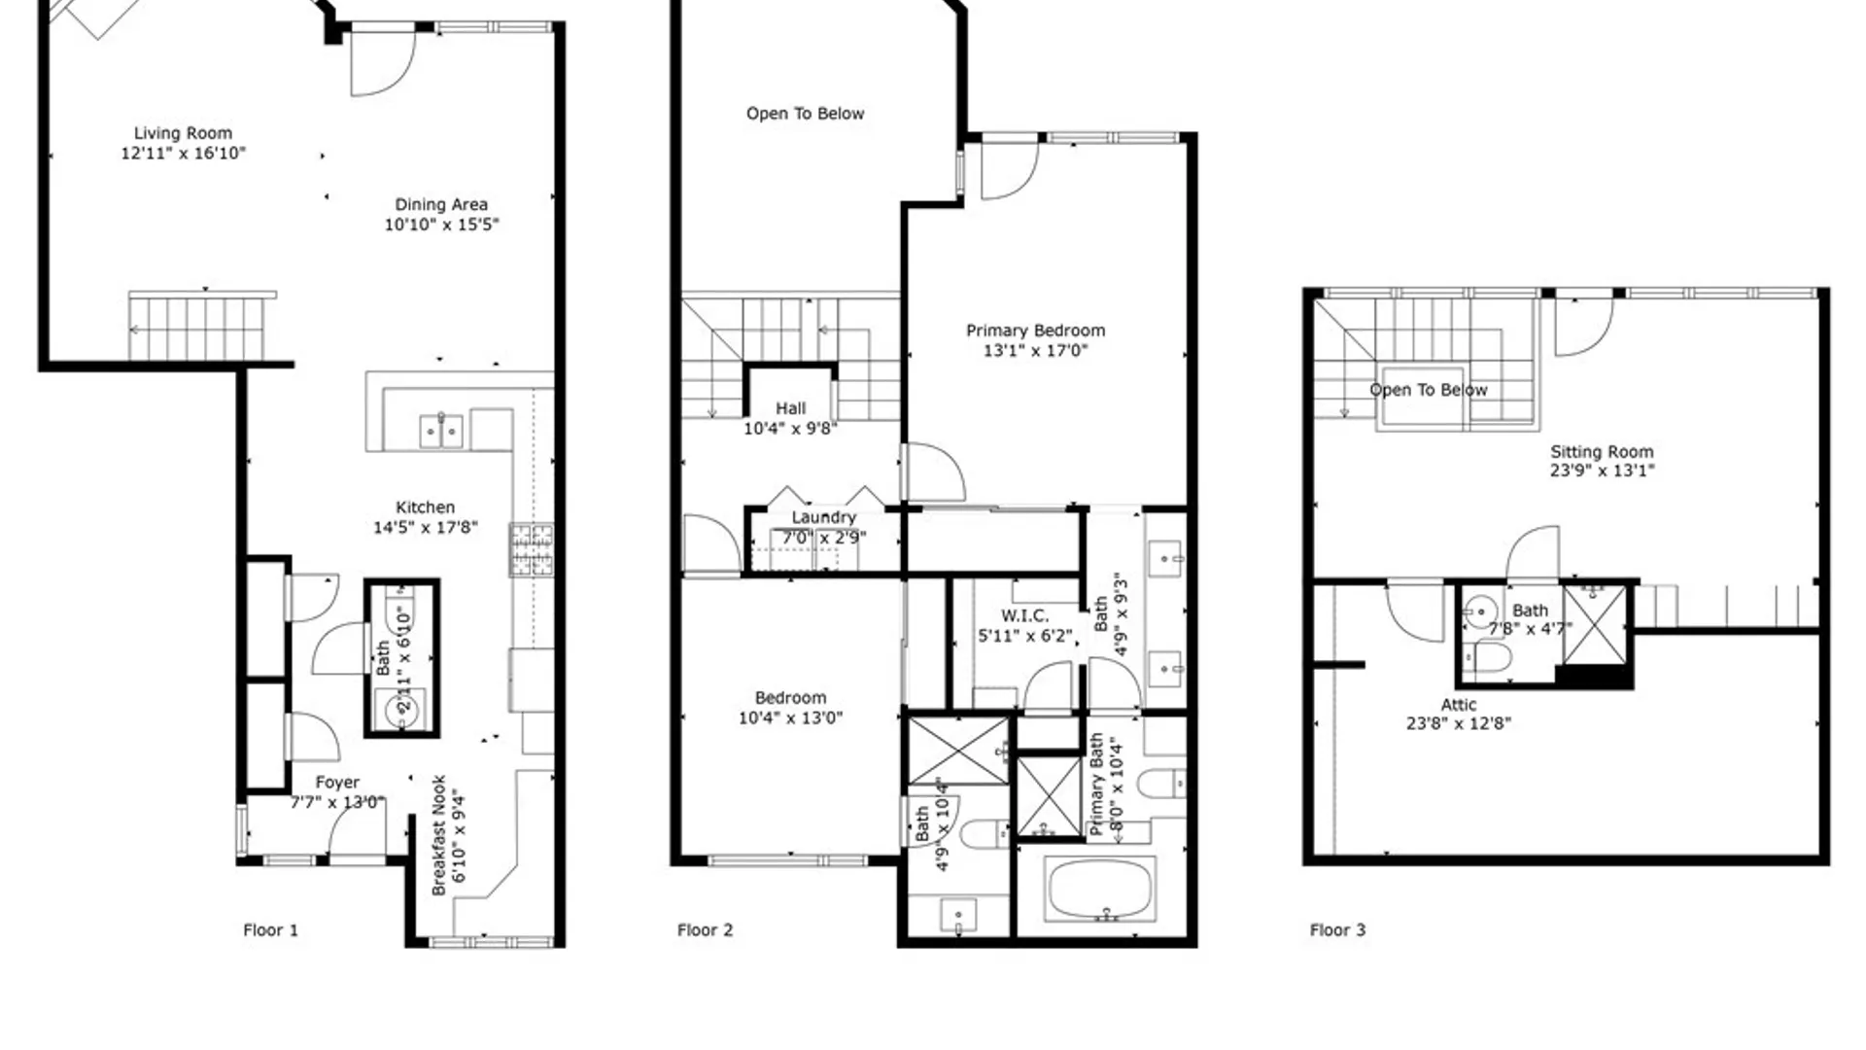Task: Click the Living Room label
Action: tap(183, 133)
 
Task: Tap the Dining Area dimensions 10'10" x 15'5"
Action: tap(441, 225)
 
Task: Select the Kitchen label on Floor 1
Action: tap(425, 507)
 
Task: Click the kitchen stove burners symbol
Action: tap(532, 549)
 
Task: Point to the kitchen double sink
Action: tap(440, 431)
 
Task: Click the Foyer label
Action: tap(337, 783)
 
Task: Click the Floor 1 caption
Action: tap(270, 930)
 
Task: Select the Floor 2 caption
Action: tap(705, 930)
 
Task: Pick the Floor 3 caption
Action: tap(1337, 930)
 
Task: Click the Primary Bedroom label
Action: tap(1035, 331)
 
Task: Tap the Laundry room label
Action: tap(823, 517)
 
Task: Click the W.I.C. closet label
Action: tap(1024, 615)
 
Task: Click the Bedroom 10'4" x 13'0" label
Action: tap(790, 698)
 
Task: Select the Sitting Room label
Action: tap(1601, 452)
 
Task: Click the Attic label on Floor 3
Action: tap(1458, 705)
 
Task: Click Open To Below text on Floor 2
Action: tap(805, 114)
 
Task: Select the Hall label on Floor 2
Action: tap(790, 408)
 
